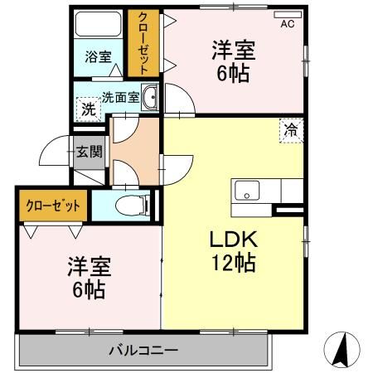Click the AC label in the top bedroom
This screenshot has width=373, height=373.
[x=287, y=23]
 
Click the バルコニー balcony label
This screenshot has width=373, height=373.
[x=143, y=351]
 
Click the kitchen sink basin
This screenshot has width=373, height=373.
[x=245, y=191]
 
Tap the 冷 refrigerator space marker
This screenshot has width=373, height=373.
[x=291, y=129]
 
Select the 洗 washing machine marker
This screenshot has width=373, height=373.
[x=87, y=108]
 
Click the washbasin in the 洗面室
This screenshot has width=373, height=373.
[x=149, y=99]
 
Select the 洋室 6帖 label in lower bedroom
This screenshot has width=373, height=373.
[x=88, y=278]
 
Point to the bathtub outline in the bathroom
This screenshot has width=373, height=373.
[x=98, y=27]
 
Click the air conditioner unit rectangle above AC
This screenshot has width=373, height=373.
[x=286, y=13]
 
